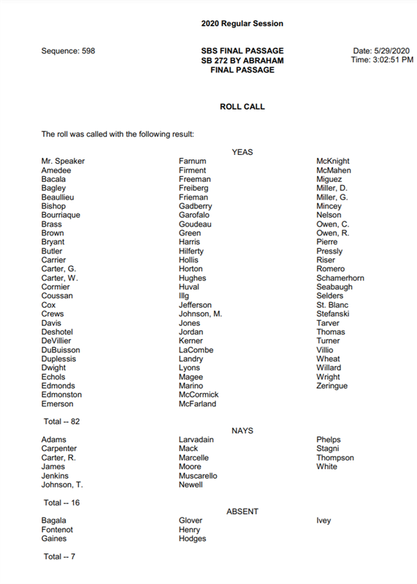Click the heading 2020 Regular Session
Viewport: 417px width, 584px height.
pos(242,24)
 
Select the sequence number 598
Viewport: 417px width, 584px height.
pos(85,51)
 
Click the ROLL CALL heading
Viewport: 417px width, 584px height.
pos(242,107)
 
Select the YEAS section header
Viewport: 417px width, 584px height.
pos(242,152)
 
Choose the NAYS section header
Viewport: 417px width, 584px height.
pos(242,431)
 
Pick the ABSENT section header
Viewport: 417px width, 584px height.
pos(242,512)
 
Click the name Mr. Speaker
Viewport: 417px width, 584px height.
pos(63,162)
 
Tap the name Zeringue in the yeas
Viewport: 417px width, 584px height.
pos(332,386)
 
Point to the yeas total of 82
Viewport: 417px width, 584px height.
pos(61,422)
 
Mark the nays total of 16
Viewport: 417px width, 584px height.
pos(61,503)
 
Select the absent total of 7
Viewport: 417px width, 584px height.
pos(59,557)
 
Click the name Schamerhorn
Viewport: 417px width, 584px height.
pos(340,278)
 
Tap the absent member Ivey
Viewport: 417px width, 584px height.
pos(324,521)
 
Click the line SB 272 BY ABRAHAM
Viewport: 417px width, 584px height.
pos(242,61)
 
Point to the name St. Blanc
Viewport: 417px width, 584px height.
pos(332,305)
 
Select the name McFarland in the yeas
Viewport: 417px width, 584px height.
pos(197,404)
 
